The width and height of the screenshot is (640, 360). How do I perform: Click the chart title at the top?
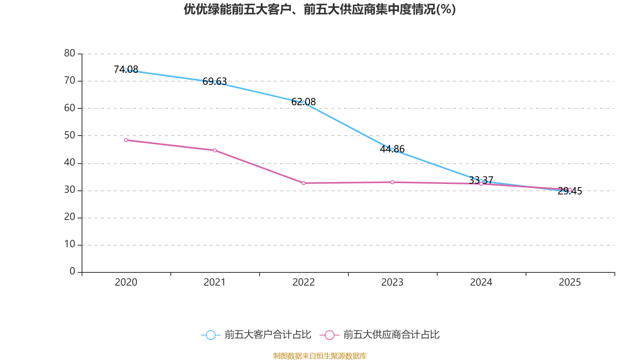click(320, 9)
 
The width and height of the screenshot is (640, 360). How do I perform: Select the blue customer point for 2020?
click(126, 70)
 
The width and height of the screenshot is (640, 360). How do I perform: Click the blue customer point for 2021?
click(215, 82)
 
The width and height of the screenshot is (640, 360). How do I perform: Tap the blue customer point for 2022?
click(304, 103)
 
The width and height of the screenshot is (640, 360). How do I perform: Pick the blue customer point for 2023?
click(392, 150)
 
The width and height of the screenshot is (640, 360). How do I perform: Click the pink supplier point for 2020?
click(126, 140)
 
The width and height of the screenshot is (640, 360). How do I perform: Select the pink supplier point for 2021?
click(215, 150)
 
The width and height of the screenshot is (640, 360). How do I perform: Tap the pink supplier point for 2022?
click(304, 183)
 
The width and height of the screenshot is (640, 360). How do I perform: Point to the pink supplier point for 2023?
click(392, 182)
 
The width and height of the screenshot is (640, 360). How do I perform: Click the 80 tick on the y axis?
click(70, 53)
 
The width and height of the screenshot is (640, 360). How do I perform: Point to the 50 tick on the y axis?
click(70, 135)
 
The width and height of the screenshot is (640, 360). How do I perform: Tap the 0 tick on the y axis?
click(72, 272)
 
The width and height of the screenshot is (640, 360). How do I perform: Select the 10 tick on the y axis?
click(70, 244)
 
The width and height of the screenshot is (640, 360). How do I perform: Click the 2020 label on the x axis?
click(126, 282)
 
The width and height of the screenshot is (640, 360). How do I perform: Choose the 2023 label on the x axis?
click(392, 282)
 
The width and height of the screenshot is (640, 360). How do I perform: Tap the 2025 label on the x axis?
click(570, 282)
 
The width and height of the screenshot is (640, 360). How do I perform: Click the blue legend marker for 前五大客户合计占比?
click(210, 335)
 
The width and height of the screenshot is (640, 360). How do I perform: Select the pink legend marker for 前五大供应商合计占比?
click(330, 335)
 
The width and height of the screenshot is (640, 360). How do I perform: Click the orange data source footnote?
click(320, 356)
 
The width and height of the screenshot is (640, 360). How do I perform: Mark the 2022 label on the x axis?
click(304, 282)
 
